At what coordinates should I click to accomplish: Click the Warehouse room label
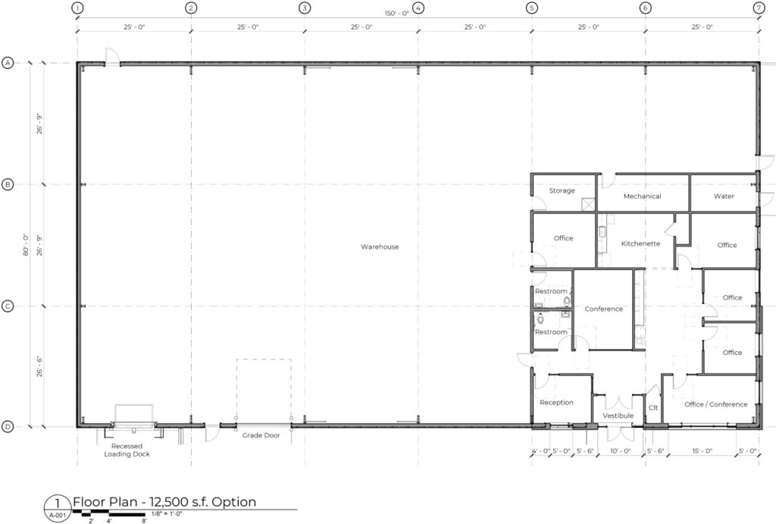(x=380, y=246)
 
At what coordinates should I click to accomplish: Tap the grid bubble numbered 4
(x=418, y=8)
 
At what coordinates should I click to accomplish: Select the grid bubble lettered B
(x=8, y=185)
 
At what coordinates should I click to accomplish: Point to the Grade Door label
(x=261, y=435)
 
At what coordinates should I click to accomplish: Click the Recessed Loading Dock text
(x=127, y=450)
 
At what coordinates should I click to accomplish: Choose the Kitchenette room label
(x=640, y=243)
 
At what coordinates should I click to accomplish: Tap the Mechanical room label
(x=642, y=196)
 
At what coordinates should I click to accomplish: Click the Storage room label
(x=562, y=190)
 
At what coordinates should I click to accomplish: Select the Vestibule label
(x=618, y=416)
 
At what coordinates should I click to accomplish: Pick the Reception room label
(x=556, y=403)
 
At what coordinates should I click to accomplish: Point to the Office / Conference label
(x=715, y=404)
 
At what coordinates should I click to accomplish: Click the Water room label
(x=724, y=196)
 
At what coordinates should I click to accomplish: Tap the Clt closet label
(x=652, y=408)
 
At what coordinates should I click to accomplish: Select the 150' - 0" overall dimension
(x=397, y=14)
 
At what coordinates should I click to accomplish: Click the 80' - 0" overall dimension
(x=27, y=245)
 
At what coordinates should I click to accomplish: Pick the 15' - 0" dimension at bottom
(x=702, y=451)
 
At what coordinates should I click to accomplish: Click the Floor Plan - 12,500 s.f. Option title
(x=164, y=502)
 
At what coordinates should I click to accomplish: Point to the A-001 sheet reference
(x=57, y=515)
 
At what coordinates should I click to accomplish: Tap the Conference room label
(x=603, y=309)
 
